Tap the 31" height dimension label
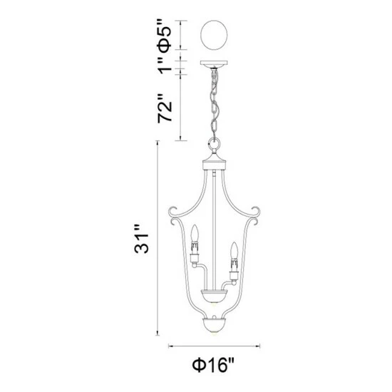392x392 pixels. coord(142,239)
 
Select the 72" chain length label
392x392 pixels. coord(165,108)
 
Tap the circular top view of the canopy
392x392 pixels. coord(215,35)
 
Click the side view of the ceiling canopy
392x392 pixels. coord(215,63)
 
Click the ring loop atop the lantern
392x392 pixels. coord(215,144)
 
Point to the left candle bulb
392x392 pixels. coord(195,232)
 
